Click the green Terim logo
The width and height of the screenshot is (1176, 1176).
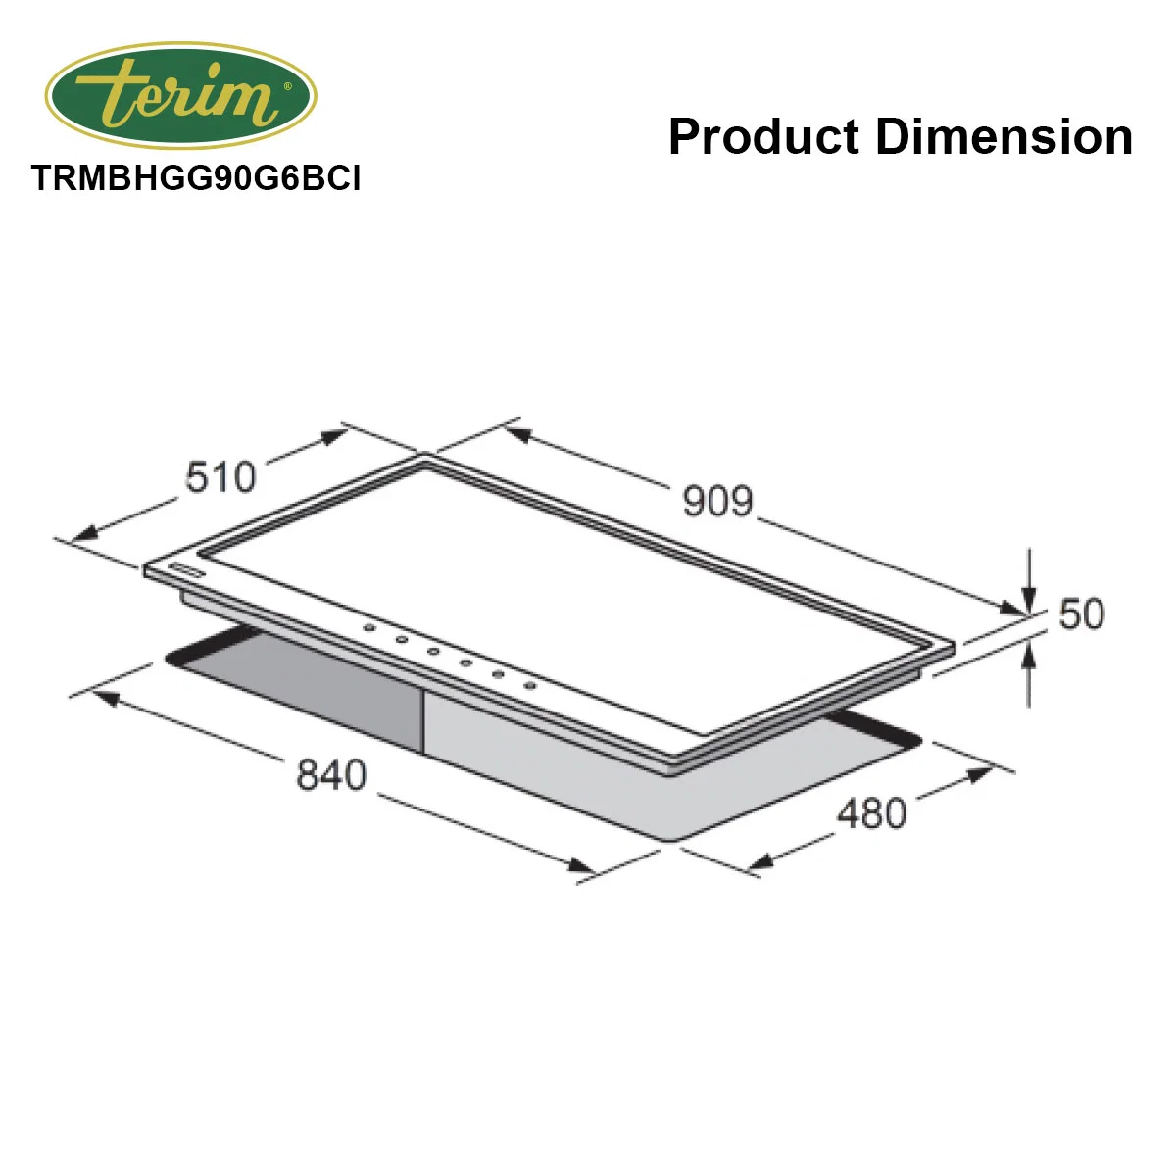[x=180, y=95]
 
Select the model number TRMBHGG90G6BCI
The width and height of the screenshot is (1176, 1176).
[x=196, y=178]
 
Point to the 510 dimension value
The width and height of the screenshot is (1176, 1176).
[x=220, y=476]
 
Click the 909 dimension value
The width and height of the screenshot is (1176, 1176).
[x=717, y=501]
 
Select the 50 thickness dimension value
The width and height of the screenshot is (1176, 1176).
[x=1081, y=613]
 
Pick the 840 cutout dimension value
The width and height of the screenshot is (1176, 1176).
[x=331, y=774]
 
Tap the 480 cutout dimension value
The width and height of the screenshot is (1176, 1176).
[x=871, y=812]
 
